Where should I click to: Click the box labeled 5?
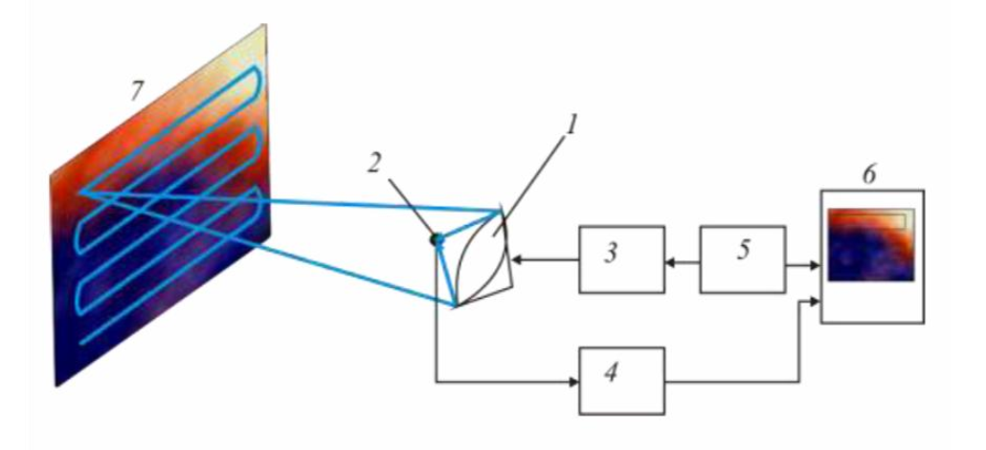743,259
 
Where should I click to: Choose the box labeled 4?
621,381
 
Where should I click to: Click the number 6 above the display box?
868,175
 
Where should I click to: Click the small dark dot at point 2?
437,239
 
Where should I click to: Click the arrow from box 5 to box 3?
682,259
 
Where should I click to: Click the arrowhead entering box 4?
573,381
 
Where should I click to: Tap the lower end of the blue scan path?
84,342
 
